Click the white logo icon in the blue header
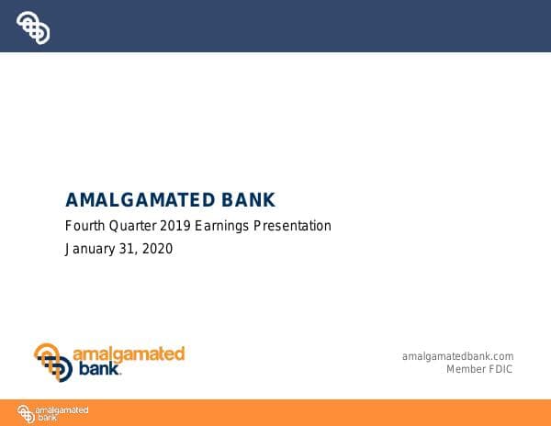point(33,28)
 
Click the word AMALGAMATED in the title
point(141,200)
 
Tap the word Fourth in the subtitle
point(84,226)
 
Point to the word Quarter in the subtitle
point(134,226)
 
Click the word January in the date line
point(90,249)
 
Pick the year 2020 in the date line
point(157,249)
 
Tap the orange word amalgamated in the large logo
point(129,354)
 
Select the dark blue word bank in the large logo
point(96,370)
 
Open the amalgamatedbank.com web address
point(457,356)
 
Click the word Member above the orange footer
point(466,369)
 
